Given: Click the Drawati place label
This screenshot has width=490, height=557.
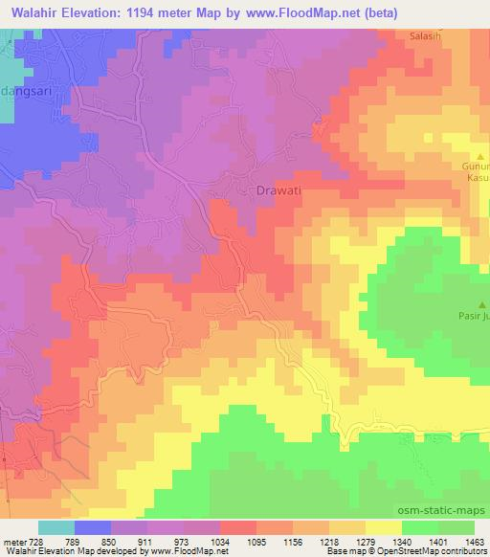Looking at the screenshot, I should [x=278, y=190].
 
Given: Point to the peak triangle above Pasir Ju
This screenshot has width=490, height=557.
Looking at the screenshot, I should [x=480, y=304].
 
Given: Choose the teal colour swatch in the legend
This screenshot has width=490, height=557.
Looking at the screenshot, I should [x=56, y=527].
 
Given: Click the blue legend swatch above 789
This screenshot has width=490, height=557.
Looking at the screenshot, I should [x=93, y=527].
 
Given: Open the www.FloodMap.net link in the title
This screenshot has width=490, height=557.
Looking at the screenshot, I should [x=296, y=11].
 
